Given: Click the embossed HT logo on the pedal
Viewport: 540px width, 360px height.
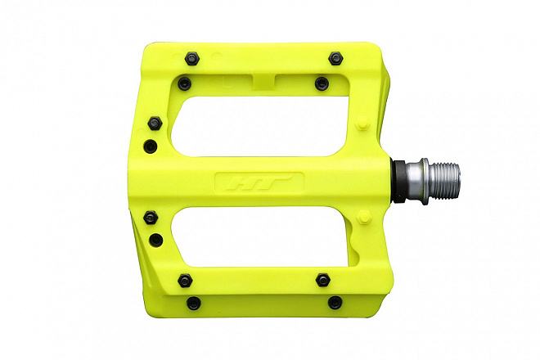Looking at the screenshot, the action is point(259,182).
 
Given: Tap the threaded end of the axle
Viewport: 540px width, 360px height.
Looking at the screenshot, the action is point(446,182).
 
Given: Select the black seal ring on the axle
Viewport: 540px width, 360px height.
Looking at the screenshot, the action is point(399,182).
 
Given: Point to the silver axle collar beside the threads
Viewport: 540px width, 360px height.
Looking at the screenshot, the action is point(417,182).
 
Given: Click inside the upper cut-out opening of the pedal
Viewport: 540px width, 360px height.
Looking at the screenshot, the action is point(259,127).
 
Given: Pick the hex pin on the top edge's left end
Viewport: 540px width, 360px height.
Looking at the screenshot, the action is point(192,59).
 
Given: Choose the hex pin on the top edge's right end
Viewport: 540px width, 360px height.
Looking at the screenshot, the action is point(336,59).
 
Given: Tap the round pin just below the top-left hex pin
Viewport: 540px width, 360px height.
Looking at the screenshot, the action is point(184,83).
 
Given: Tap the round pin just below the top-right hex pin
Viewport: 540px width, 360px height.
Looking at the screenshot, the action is point(322,83).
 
